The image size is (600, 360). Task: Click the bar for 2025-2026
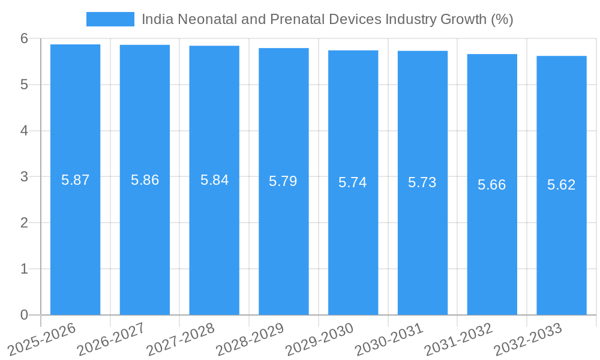pyautogui.click(x=75, y=179)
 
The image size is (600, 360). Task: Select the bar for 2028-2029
pyautogui.click(x=284, y=181)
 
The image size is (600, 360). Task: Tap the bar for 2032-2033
pyautogui.click(x=562, y=185)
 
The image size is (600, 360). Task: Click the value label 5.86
pyautogui.click(x=145, y=180)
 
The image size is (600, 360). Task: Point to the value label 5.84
pyautogui.click(x=214, y=180)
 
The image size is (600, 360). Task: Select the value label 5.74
pyautogui.click(x=353, y=182)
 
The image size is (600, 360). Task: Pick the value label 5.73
pyautogui.click(x=422, y=182)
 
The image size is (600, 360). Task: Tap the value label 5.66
pyautogui.click(x=492, y=184)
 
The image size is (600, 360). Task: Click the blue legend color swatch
pyautogui.click(x=110, y=19)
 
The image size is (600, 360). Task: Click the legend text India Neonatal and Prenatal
pyautogui.click(x=327, y=19)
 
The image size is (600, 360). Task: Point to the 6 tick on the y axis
pyautogui.click(x=24, y=38)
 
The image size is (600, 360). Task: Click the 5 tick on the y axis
pyautogui.click(x=24, y=85)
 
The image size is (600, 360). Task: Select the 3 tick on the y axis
pyautogui.click(x=24, y=177)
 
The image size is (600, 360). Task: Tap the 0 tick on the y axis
pyautogui.click(x=24, y=315)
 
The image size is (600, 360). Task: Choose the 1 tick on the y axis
pyautogui.click(x=24, y=269)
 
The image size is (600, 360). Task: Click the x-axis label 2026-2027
pyautogui.click(x=112, y=339)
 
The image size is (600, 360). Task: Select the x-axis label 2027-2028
pyautogui.click(x=181, y=339)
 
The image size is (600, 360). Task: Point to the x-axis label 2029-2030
pyautogui.click(x=320, y=339)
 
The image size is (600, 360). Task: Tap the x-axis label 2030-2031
pyautogui.click(x=389, y=339)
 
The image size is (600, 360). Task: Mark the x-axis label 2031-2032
pyautogui.click(x=459, y=339)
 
